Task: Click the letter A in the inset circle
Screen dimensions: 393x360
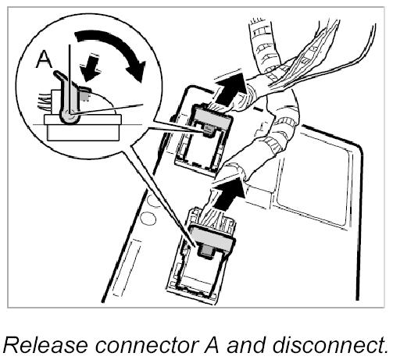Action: coord(45,59)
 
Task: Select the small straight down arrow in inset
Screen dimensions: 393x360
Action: coord(90,68)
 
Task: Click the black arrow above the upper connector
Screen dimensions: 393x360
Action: coord(230,87)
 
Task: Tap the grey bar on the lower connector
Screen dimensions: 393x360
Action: coord(213,240)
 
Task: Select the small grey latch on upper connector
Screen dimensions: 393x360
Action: coord(208,130)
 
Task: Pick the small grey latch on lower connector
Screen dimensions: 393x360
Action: coord(206,251)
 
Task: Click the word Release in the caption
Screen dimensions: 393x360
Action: coord(45,345)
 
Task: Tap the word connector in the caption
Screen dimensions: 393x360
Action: coord(148,345)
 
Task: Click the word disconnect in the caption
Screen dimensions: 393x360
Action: coord(330,345)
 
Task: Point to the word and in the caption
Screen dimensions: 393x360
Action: coord(248,345)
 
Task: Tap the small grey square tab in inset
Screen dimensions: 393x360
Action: coord(84,97)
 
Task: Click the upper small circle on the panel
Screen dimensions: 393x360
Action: coord(153,201)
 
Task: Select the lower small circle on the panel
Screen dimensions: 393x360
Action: coord(148,218)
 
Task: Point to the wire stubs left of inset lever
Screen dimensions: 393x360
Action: coord(45,102)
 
